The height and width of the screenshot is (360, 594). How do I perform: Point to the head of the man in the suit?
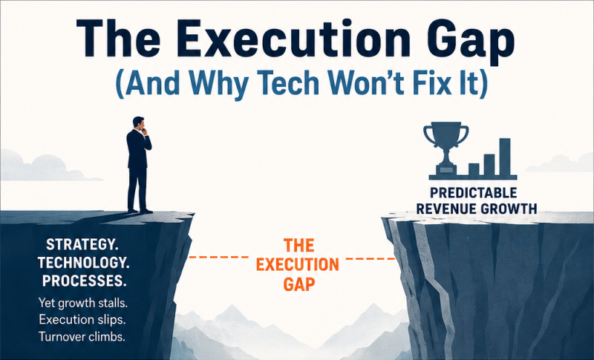click(x=138, y=123)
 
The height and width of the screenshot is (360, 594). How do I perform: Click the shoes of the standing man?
click(x=140, y=211)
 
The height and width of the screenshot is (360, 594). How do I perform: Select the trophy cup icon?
click(x=446, y=148)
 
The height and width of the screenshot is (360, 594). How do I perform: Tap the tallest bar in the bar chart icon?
click(x=505, y=157)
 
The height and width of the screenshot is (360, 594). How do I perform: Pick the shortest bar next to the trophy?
click(x=474, y=169)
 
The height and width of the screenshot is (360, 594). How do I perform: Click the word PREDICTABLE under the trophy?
click(x=474, y=193)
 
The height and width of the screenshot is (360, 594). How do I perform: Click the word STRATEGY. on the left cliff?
click(x=82, y=244)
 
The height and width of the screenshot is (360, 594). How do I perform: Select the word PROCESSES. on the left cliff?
click(x=84, y=281)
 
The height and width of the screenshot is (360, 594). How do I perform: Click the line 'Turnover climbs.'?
click(x=82, y=336)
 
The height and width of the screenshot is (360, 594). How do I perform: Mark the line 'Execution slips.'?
click(x=82, y=320)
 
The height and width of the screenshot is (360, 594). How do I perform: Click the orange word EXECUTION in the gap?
click(x=298, y=264)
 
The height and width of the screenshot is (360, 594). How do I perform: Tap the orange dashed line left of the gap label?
click(x=219, y=258)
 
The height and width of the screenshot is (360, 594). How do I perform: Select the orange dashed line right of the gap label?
click(x=371, y=259)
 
